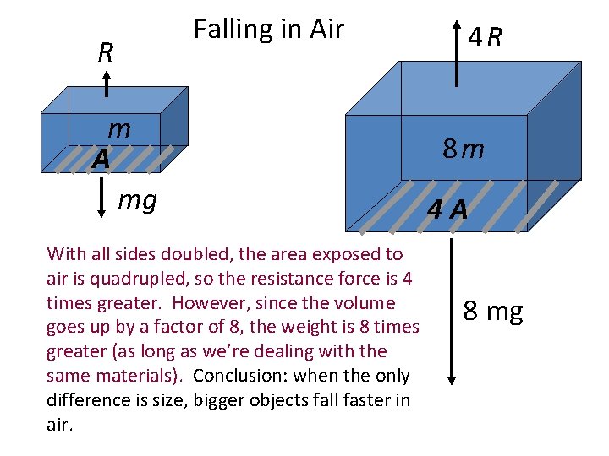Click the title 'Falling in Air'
(268, 30)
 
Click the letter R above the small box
(106, 53)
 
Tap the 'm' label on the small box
(119, 129)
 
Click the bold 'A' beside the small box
(101, 158)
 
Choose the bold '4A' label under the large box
(447, 209)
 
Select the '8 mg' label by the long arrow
(493, 312)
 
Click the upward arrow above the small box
(107, 84)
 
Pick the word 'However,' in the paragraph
(279, 302)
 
